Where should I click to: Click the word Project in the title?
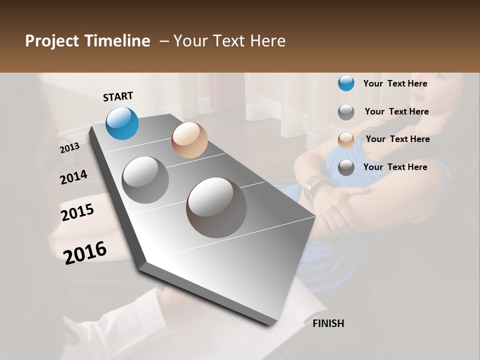(x=51, y=41)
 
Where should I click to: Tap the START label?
(x=118, y=96)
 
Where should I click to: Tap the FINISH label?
(x=328, y=323)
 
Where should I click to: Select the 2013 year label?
(x=70, y=148)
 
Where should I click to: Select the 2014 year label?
(x=73, y=177)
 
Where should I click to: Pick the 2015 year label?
(x=77, y=212)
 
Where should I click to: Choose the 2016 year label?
(x=85, y=252)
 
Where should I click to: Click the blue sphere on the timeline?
(x=122, y=123)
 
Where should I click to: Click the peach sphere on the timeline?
(x=189, y=140)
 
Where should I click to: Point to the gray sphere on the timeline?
(x=145, y=180)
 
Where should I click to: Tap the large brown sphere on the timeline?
(x=216, y=207)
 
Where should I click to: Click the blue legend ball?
(x=346, y=83)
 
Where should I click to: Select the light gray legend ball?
(x=346, y=112)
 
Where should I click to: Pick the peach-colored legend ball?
(x=346, y=140)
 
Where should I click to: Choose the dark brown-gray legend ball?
(x=346, y=168)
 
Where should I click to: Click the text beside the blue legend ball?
(x=395, y=83)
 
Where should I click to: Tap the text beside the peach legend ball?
(x=397, y=139)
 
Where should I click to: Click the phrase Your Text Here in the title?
(x=229, y=41)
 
